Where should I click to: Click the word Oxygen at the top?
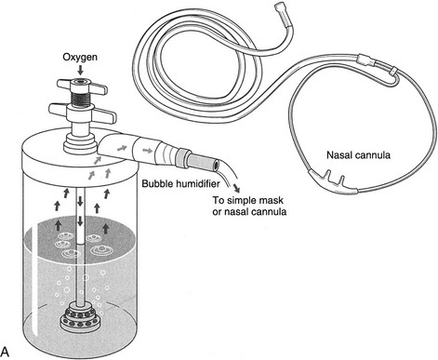pos(80,58)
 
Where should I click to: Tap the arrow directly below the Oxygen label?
pos(80,70)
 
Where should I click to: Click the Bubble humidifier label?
pos(180,183)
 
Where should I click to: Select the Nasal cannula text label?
pos(358,154)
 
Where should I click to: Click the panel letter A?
pos(5,352)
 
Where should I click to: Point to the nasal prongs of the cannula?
pos(334,180)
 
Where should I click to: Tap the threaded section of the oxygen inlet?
pos(81,98)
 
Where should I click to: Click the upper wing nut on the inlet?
pos(82,87)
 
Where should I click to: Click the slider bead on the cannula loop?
pos(393,72)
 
